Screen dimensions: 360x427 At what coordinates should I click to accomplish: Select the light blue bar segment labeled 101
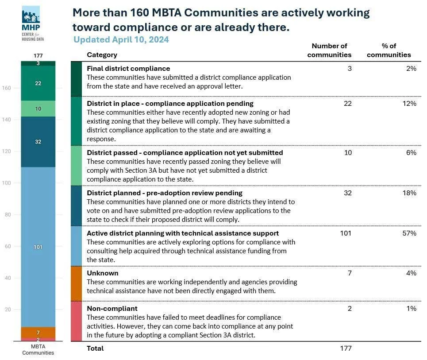tap(38, 247)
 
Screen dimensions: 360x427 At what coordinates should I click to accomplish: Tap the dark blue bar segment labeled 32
tap(38, 142)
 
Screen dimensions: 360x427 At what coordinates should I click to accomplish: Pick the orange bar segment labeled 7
tap(38, 332)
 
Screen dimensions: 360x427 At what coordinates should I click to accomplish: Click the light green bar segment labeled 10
tap(38, 108)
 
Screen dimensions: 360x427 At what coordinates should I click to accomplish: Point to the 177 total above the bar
tap(38, 55)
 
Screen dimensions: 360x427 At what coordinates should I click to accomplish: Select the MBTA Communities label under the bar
tap(38, 349)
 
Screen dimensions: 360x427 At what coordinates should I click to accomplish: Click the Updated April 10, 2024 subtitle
tap(121, 39)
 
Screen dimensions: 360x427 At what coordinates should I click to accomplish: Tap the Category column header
tap(102, 55)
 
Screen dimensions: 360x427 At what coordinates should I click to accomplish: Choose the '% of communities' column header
tap(389, 50)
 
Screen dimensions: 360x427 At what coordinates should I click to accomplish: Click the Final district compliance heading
tap(128, 69)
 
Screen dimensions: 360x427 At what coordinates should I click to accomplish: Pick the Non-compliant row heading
tap(112, 308)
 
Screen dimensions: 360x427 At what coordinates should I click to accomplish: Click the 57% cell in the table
tap(409, 233)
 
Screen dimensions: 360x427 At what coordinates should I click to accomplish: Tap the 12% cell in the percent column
tap(409, 104)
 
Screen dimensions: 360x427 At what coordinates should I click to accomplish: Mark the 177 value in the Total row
tap(346, 348)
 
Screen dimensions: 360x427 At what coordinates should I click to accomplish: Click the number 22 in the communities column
tap(347, 104)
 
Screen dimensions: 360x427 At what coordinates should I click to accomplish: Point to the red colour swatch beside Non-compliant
tap(76, 321)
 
